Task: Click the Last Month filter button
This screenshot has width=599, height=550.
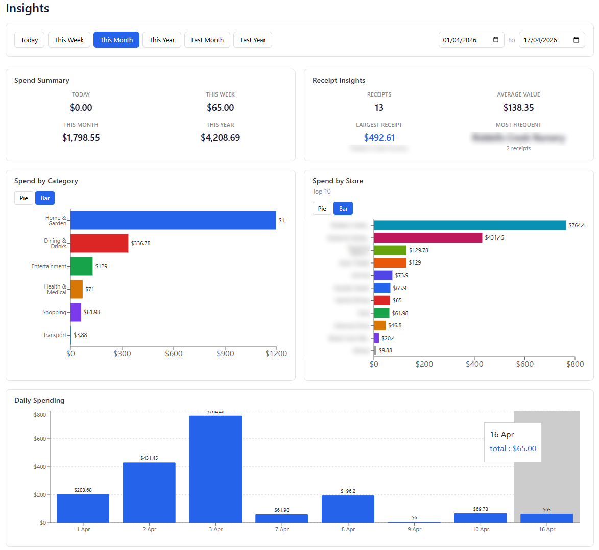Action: [x=207, y=40]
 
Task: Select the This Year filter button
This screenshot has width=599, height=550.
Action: [x=161, y=40]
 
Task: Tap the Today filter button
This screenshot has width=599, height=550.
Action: [x=29, y=40]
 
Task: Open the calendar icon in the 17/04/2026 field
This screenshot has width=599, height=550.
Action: [x=576, y=40]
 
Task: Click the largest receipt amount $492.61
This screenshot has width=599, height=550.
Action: [x=379, y=138]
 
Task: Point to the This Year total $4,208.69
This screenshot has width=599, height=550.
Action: [x=220, y=138]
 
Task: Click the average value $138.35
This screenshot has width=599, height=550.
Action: [x=518, y=108]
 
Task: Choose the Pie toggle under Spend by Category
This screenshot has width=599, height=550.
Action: [x=24, y=198]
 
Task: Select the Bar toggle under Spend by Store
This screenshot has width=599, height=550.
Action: [x=343, y=209]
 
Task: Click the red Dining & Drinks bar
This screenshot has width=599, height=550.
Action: [x=99, y=243]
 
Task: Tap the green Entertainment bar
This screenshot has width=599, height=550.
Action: [x=81, y=266]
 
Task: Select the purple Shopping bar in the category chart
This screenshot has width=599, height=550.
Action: [x=76, y=312]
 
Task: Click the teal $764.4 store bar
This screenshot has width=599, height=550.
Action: [x=470, y=225]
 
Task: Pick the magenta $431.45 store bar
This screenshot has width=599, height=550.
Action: [x=428, y=237]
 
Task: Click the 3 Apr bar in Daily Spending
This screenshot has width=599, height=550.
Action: [x=215, y=469]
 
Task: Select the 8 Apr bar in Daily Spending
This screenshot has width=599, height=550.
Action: [x=348, y=509]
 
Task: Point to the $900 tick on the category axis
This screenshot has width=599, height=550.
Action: [x=225, y=354]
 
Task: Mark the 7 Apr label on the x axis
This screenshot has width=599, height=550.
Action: [x=281, y=529]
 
